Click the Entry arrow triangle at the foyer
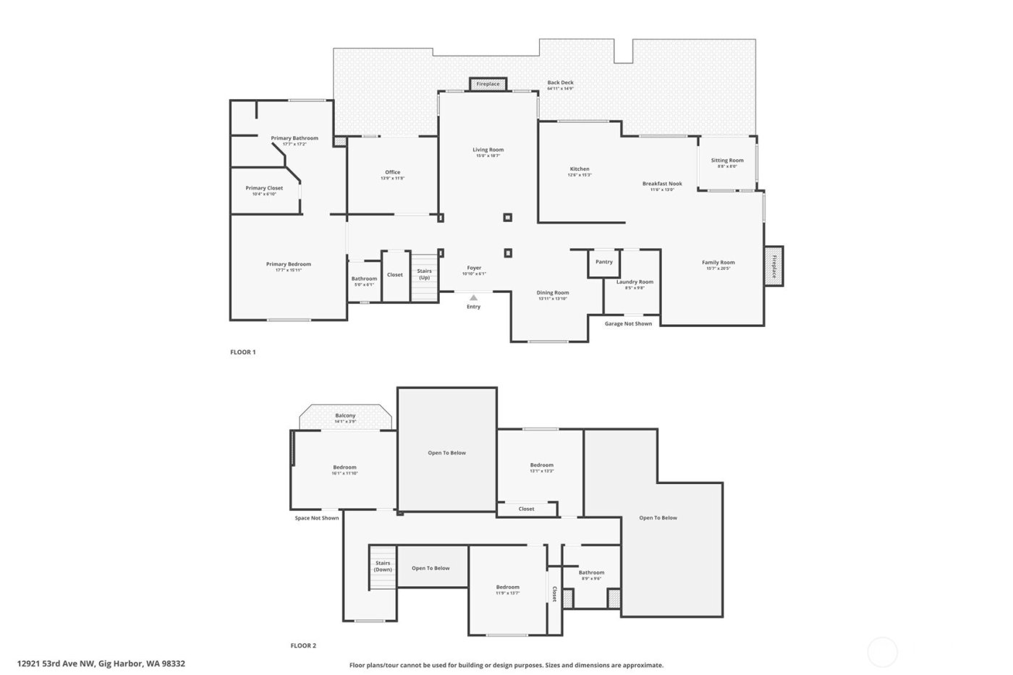point(473,297)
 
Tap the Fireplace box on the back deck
point(488,84)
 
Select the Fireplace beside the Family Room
point(773,266)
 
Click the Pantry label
point(603,262)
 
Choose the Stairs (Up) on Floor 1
point(424,275)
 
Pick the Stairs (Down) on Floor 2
point(383,566)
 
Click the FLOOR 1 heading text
point(243,352)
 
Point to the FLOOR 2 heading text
point(303,645)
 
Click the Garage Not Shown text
point(628,323)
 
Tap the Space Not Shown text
point(316,518)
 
